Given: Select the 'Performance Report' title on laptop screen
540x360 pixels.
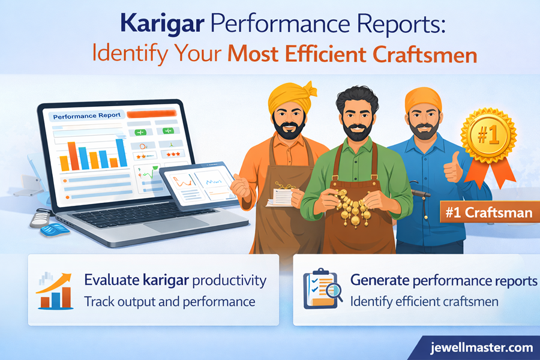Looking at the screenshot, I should coord(87,115).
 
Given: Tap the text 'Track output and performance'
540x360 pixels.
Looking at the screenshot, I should coord(170,301).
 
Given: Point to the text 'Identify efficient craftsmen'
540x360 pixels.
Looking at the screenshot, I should coord(424,301).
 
